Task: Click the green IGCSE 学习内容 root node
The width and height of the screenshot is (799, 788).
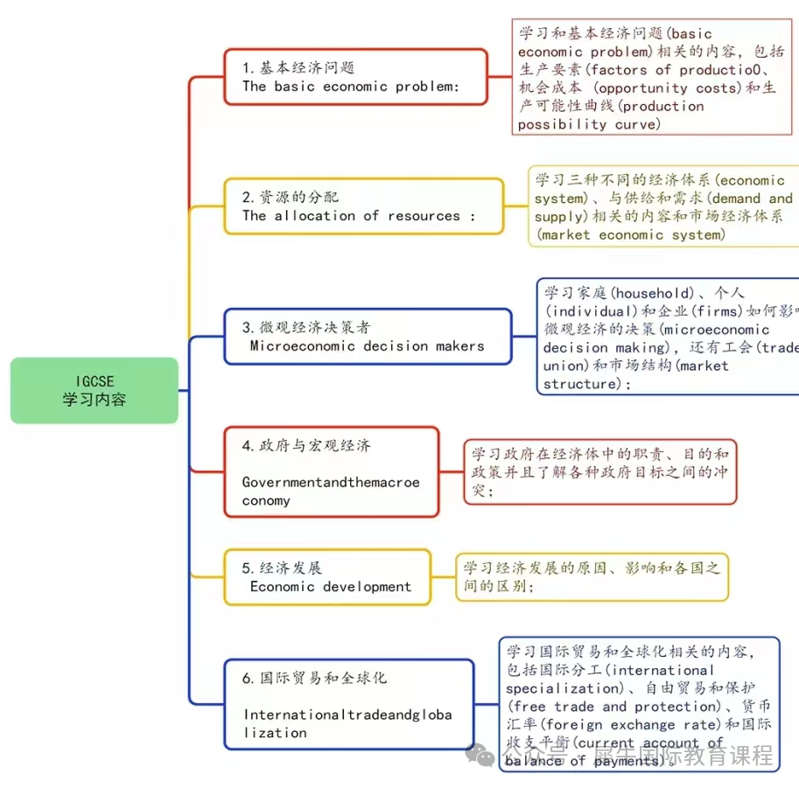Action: click(x=95, y=390)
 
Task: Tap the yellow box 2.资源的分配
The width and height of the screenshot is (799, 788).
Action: click(x=363, y=206)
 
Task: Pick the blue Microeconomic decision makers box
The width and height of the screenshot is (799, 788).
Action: click(x=368, y=337)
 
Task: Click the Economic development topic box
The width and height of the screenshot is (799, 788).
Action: click(x=327, y=577)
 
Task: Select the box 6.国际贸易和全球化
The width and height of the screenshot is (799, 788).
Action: click(x=348, y=704)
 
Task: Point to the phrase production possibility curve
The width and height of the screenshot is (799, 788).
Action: click(x=613, y=115)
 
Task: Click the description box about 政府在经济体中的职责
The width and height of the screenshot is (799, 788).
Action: click(x=600, y=472)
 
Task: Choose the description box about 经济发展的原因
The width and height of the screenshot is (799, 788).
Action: click(x=592, y=577)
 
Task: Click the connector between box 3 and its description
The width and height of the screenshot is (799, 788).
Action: click(x=524, y=337)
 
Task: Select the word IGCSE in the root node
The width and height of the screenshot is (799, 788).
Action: click(x=95, y=380)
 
